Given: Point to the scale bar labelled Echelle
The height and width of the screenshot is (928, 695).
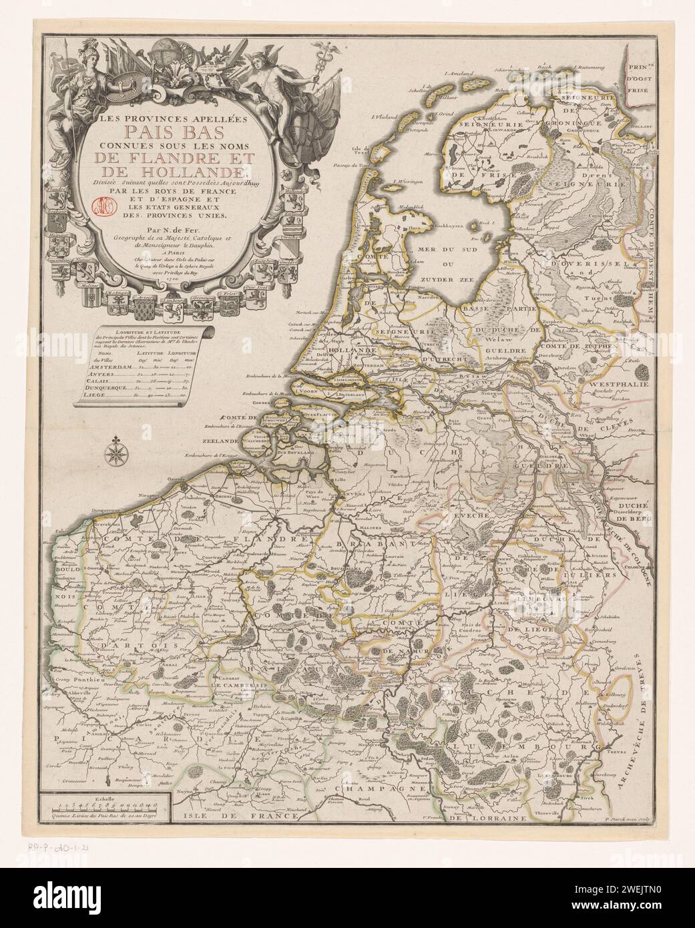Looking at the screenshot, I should [103, 810].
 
